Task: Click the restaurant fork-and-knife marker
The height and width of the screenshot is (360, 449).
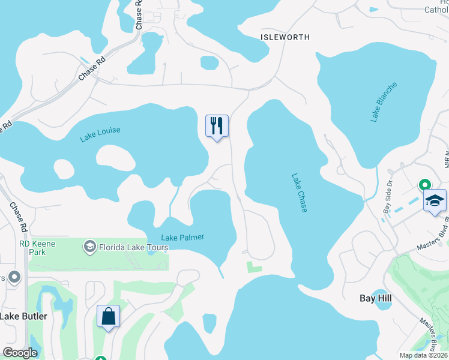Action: tap(217, 126)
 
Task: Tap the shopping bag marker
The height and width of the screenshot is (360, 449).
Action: tap(109, 316)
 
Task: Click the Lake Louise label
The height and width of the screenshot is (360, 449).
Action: tap(100, 134)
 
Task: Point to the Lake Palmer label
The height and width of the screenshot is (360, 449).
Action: tap(182, 238)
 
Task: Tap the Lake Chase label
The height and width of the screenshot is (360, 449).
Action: tap(300, 193)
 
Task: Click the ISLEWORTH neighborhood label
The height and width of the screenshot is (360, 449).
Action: tap(285, 37)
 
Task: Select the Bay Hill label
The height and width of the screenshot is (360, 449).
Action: tap(375, 298)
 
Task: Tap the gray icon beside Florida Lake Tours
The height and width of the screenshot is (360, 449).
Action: tap(89, 246)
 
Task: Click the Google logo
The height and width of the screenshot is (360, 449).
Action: tap(20, 353)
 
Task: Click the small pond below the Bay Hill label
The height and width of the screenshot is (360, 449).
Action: tap(381, 314)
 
